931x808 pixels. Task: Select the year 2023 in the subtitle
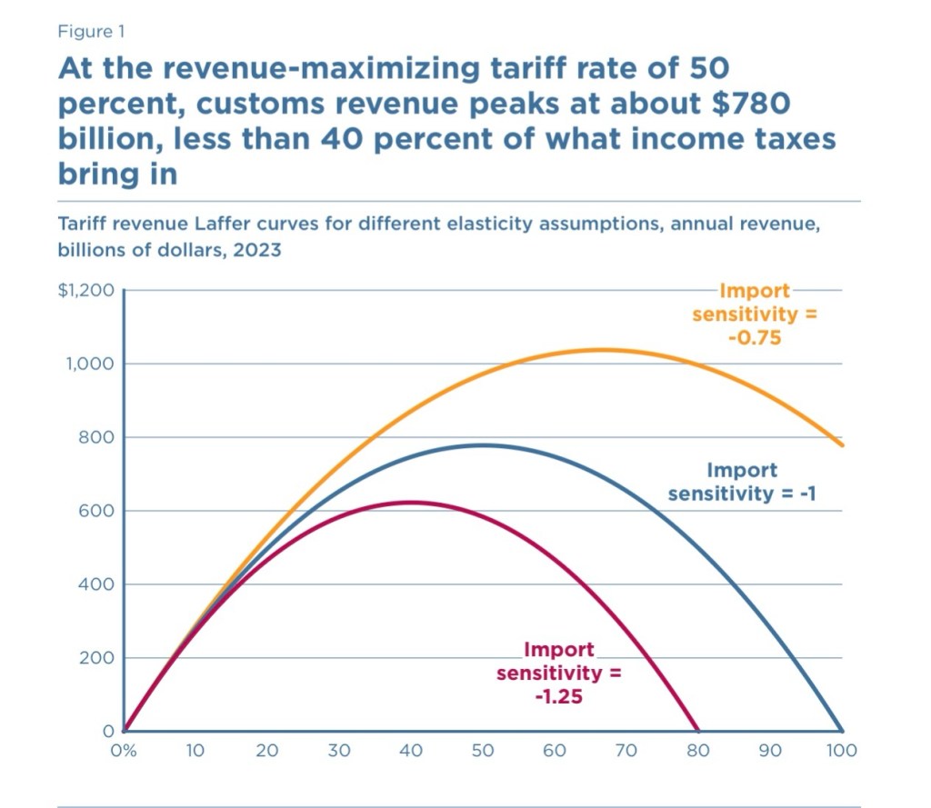click(x=258, y=251)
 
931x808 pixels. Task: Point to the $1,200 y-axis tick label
click(x=87, y=291)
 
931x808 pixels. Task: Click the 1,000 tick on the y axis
click(x=92, y=364)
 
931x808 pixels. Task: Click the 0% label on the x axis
click(x=125, y=752)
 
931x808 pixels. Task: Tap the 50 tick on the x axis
click(x=482, y=752)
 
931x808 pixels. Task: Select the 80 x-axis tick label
click(x=697, y=752)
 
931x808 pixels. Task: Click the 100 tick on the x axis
click(x=841, y=752)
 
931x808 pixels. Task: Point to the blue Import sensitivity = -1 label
click(x=743, y=482)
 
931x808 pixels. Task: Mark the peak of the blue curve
click(x=483, y=444)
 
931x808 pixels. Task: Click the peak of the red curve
click(x=411, y=502)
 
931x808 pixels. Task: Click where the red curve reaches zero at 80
click(x=698, y=730)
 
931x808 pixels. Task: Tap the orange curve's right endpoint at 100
click(x=842, y=444)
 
